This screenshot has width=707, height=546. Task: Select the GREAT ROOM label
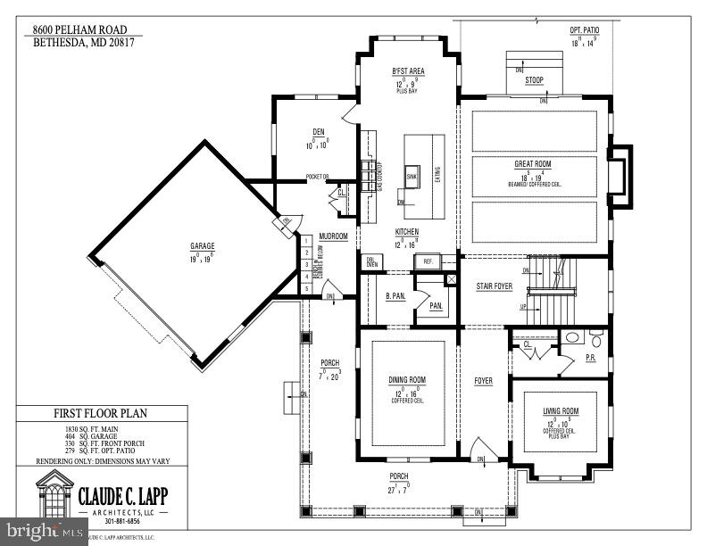(x=534, y=163)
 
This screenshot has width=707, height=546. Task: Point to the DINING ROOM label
(x=407, y=380)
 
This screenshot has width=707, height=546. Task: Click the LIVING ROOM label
(x=561, y=411)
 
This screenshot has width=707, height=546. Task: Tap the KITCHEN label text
(x=407, y=232)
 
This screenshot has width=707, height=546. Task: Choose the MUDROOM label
(x=332, y=236)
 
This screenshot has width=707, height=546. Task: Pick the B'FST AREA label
(x=408, y=70)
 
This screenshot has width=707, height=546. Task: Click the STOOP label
(x=534, y=80)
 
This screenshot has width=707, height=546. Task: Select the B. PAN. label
(x=396, y=295)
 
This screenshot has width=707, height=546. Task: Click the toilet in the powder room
(x=595, y=338)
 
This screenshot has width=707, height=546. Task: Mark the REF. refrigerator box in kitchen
(x=428, y=262)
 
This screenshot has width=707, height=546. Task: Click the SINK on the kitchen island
(x=412, y=177)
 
